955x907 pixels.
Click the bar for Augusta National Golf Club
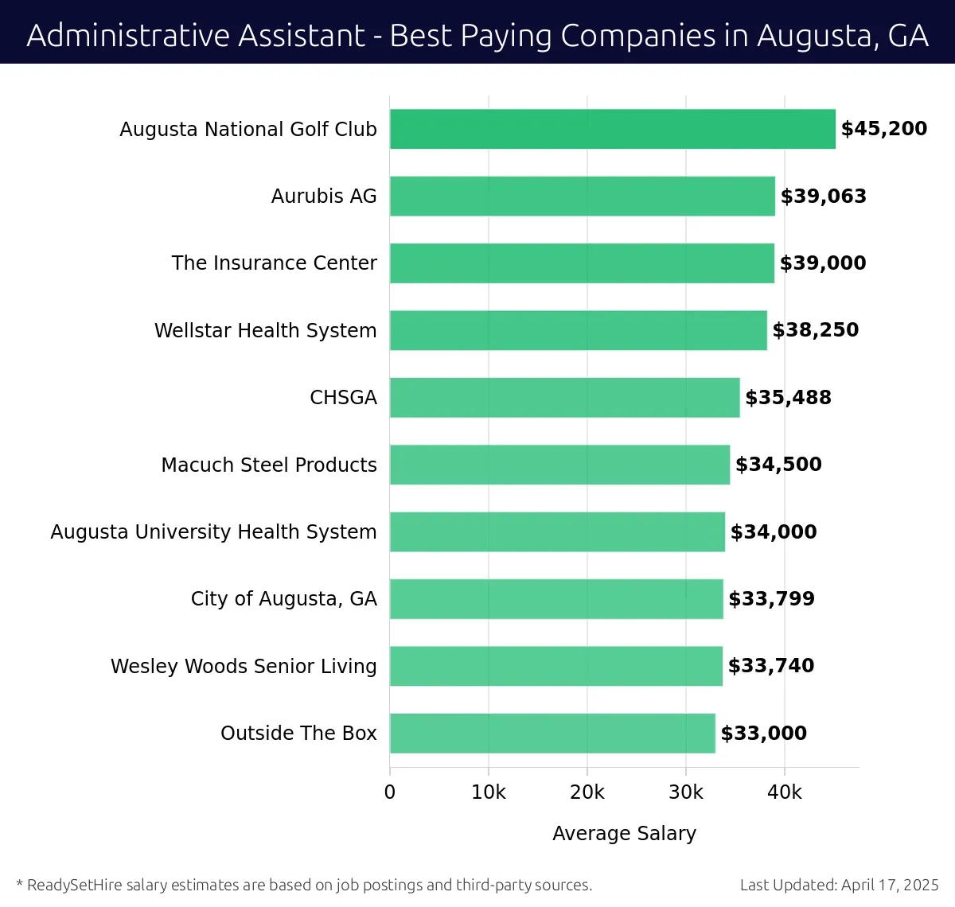coord(613,129)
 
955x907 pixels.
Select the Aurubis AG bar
coord(583,196)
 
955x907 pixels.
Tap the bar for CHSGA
coord(565,397)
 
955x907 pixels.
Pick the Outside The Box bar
coord(552,733)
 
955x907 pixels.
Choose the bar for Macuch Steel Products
coord(559,465)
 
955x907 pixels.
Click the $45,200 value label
coord(884,129)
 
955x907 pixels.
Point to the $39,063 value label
coord(824,197)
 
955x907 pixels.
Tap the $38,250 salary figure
coord(816,330)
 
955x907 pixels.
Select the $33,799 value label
coord(772,599)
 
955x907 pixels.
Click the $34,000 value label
coord(774,531)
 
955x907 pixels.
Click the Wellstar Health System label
coord(265,330)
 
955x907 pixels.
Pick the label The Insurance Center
coord(274,263)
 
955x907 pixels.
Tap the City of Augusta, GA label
coord(283,599)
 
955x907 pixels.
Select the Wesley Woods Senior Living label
coord(244,666)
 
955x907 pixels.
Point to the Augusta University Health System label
coord(213,531)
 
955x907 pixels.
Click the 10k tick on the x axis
coord(489,792)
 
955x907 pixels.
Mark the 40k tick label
coord(785,792)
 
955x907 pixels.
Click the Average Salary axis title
coord(624,833)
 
